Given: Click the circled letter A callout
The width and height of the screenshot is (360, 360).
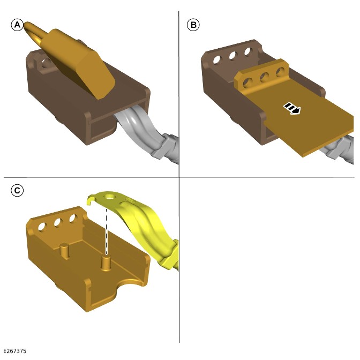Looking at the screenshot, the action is coord(17,25).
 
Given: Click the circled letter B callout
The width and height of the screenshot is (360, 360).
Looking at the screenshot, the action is coord(193,25).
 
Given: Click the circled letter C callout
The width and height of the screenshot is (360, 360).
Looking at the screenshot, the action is coord(17,190).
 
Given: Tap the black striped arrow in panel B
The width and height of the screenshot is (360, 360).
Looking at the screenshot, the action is coord(291,108).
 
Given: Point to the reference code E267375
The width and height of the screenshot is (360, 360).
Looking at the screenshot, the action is coord(15,351).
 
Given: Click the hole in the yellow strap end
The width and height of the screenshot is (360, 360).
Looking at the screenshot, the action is coord(109,197).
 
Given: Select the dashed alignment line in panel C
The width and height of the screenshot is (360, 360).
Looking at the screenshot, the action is coord(106,231).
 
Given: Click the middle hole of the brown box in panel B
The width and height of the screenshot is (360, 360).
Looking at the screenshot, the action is coord(232,56).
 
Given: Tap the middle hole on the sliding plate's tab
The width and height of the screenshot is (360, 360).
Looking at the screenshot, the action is coord(264,77).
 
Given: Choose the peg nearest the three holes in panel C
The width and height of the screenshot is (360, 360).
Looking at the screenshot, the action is coord(64,251).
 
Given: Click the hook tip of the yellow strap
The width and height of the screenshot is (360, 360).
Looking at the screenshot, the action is coord(88,202).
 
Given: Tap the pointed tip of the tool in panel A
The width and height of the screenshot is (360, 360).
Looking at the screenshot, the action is coord(25,24).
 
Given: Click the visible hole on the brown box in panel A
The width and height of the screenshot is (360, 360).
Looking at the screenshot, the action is coord(47,63).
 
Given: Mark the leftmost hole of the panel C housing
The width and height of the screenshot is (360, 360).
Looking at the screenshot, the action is coord(42,227).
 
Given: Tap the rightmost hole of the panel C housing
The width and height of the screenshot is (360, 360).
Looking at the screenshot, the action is coord(73,219).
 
